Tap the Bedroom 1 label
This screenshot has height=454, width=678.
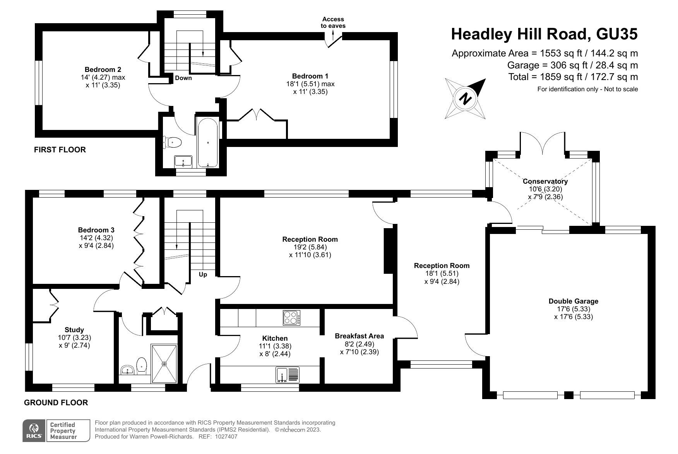coord(310,76)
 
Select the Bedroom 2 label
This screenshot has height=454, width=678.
coord(103,70)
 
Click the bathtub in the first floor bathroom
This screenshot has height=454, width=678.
coord(208,142)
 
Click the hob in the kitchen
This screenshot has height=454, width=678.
coord(292,318)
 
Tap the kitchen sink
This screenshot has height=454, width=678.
coord(288,375)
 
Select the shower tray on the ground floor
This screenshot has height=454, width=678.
coord(164,364)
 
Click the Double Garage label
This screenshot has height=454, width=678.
coord(573,301)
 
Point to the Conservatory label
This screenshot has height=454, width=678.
coord(545,181)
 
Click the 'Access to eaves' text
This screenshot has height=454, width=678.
coord(333,22)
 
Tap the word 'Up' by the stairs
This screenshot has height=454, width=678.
coord(203,275)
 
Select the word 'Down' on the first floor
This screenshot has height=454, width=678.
coord(183,78)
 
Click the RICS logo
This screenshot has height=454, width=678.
coord(34,431)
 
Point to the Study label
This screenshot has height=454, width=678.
coord(74,330)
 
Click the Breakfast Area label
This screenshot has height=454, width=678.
coord(359,336)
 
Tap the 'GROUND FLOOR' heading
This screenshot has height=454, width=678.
coord(56,403)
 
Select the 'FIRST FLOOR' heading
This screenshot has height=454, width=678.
coord(60,150)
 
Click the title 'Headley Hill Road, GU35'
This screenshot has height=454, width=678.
coord(544,34)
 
